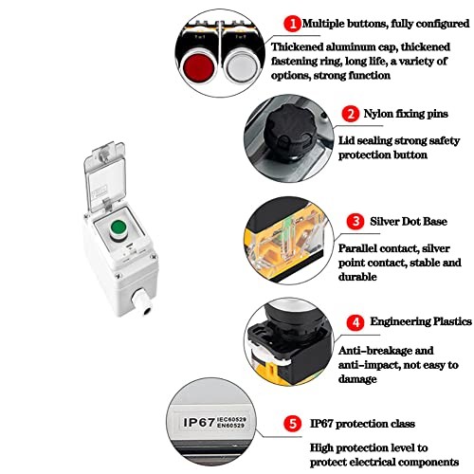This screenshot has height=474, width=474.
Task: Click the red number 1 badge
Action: [295, 21]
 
